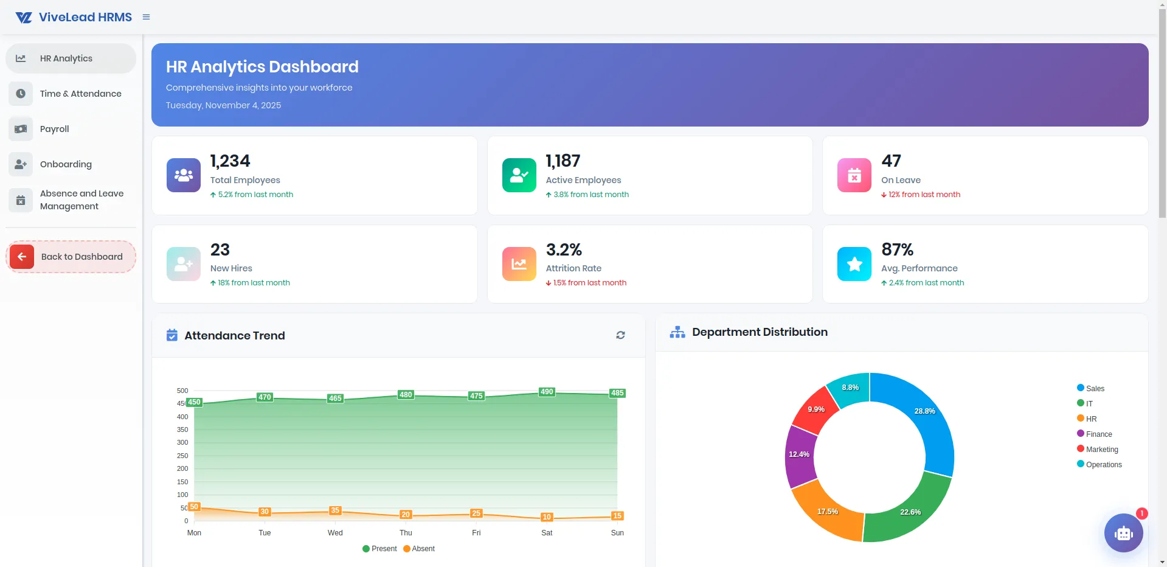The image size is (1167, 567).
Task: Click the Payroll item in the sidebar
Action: click(54, 129)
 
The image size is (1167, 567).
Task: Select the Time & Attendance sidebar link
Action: click(80, 94)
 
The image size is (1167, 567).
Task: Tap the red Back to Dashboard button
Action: click(71, 257)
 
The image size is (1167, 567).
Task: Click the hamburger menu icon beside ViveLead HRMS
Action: click(146, 17)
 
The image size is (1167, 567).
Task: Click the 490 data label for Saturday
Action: click(547, 392)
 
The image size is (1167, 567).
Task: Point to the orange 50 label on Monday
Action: click(194, 507)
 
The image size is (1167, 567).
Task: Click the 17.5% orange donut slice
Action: click(828, 512)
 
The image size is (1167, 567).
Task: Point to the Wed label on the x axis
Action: click(335, 533)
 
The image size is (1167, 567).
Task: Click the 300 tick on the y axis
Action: click(182, 442)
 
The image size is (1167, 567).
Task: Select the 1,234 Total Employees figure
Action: click(230, 161)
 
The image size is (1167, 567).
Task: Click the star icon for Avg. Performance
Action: click(854, 264)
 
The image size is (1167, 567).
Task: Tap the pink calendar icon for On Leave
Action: click(854, 175)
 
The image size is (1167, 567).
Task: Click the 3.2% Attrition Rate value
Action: click(564, 250)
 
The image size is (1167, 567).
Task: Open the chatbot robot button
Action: click(1123, 533)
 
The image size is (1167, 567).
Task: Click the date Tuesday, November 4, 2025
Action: click(223, 105)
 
